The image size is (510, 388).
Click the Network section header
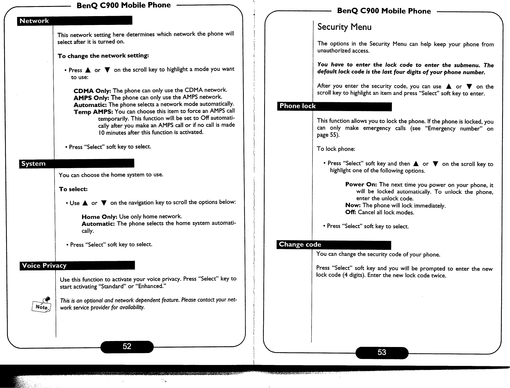74,21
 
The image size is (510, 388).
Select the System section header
77,163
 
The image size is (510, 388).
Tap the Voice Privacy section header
77,266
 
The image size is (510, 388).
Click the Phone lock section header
334,106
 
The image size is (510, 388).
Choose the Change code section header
334,245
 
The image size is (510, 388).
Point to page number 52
127,347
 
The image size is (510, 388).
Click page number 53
382,352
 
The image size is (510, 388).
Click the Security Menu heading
344,27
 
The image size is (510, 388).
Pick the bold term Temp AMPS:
93,112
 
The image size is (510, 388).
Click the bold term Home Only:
99,217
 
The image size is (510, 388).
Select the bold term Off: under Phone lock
351,212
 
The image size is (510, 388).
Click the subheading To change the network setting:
103,56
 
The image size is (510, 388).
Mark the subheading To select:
73,189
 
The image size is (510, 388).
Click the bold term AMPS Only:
92,97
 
